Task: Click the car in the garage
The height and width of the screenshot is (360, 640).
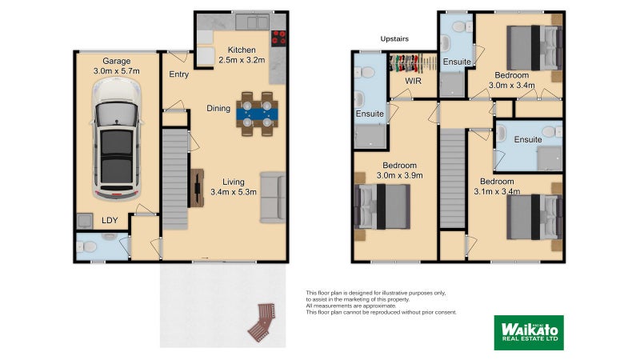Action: (x=117, y=149)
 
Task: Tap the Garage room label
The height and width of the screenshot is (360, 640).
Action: (x=117, y=61)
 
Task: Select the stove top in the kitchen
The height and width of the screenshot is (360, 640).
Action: (x=279, y=37)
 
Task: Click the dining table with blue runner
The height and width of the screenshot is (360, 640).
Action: (x=256, y=113)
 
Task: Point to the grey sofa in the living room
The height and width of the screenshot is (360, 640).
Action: (x=273, y=196)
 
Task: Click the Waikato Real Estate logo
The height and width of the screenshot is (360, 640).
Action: (x=527, y=331)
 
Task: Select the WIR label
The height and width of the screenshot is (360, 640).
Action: (x=414, y=81)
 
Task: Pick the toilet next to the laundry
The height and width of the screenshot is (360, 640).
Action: (x=89, y=246)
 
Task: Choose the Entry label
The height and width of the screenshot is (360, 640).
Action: (x=178, y=75)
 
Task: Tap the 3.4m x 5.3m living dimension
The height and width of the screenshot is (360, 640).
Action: (x=233, y=192)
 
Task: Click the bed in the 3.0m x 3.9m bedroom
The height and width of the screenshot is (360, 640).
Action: (x=383, y=205)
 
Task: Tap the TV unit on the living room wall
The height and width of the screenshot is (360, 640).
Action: (x=196, y=192)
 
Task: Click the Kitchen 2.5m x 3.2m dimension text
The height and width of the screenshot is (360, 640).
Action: (x=241, y=59)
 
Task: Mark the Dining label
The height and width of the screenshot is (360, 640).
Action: (x=218, y=108)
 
